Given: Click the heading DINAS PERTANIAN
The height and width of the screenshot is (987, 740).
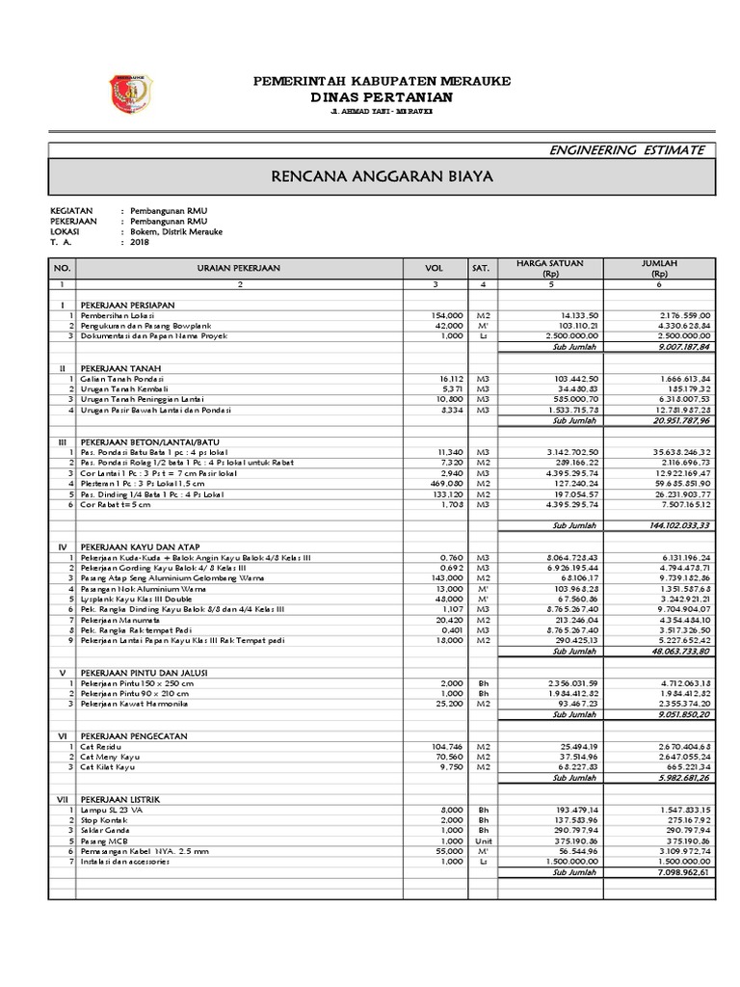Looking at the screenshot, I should [382, 97].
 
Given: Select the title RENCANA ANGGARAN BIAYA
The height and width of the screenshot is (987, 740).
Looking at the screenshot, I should [382, 177].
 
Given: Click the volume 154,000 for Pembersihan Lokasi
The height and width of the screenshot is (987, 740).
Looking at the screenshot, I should [448, 315].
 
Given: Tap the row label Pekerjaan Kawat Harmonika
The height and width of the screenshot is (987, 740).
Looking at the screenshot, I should [135, 705].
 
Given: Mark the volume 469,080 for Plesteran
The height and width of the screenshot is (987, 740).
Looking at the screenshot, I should [448, 483].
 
